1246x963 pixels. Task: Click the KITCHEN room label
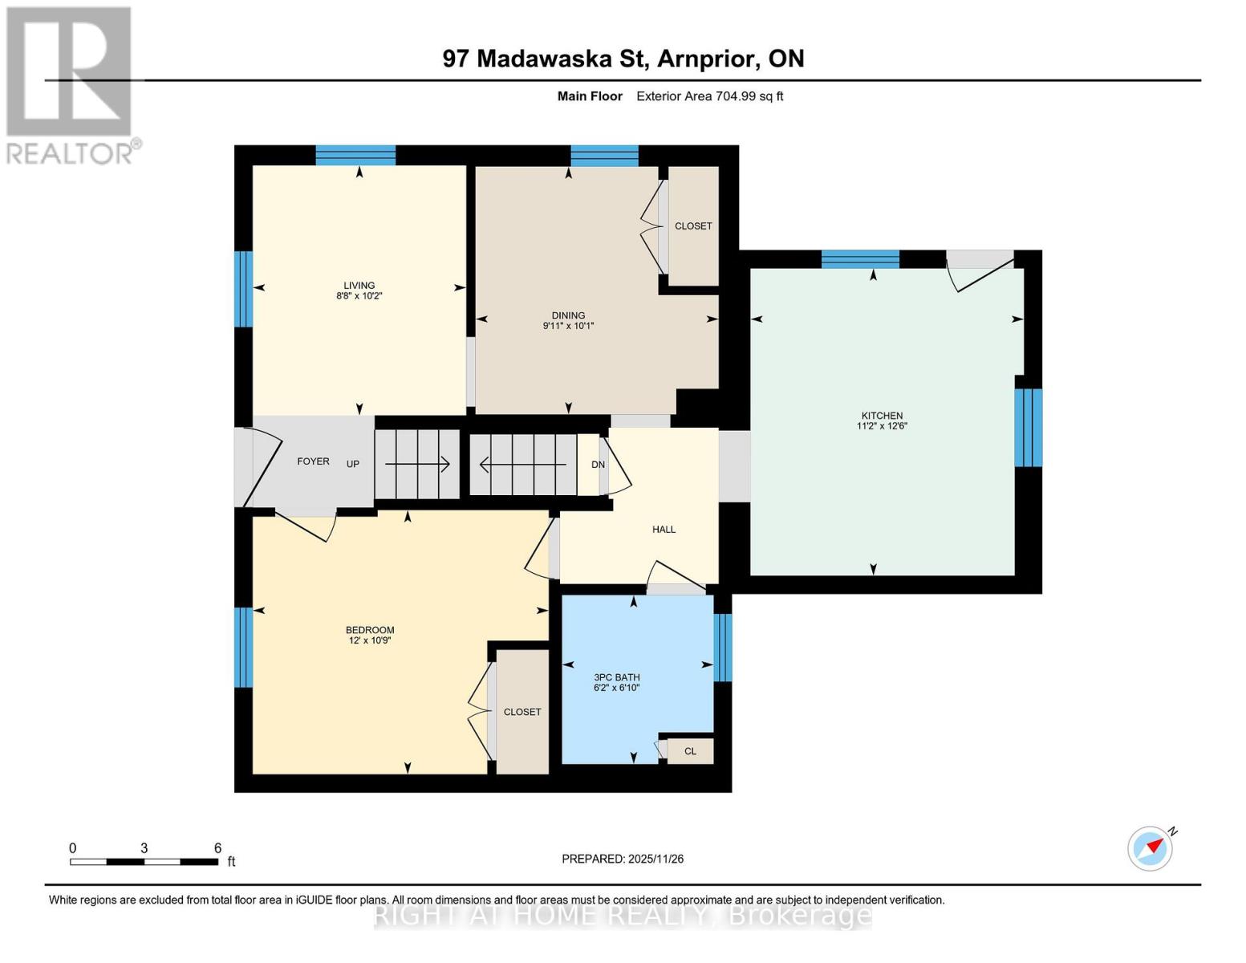pos(882,416)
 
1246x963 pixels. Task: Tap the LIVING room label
pos(359,285)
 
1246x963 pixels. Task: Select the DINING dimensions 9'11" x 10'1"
pos(568,326)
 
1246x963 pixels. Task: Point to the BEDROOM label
pos(370,630)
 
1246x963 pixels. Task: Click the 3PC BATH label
pos(616,677)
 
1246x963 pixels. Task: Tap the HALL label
pos(664,530)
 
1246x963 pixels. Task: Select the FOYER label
pos(313,461)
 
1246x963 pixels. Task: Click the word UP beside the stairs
pos(352,464)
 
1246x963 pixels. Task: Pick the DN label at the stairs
pos(598,465)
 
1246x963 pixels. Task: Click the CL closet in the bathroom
pos(690,752)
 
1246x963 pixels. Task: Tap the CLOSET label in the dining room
pos(693,226)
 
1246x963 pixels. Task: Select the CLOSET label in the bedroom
pos(522,712)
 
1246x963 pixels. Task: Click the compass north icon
pos(1151,847)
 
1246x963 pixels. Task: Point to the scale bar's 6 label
pos(217,848)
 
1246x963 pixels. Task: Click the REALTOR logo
pos(71,84)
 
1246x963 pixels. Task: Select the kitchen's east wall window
pos(1028,428)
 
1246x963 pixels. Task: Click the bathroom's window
pos(723,647)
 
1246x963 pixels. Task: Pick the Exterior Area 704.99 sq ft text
pos(709,96)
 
